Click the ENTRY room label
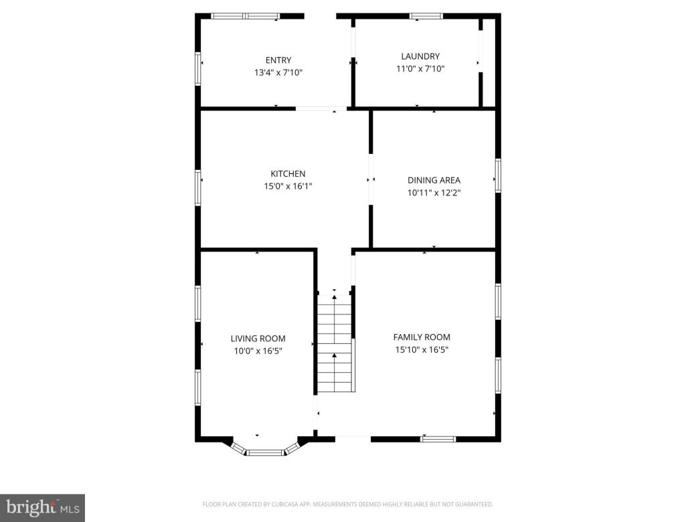pyautogui.click(x=278, y=60)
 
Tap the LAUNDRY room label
pyautogui.click(x=420, y=56)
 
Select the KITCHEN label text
pyautogui.click(x=288, y=174)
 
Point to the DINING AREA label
pyautogui.click(x=434, y=180)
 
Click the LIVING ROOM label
pyautogui.click(x=258, y=339)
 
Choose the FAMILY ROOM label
pyautogui.click(x=422, y=337)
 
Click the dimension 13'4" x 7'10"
pyautogui.click(x=278, y=72)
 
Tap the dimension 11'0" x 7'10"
pyautogui.click(x=420, y=68)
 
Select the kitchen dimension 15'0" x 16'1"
pyautogui.click(x=288, y=187)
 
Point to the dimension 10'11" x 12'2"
pyautogui.click(x=434, y=193)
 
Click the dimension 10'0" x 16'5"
pyautogui.click(x=258, y=351)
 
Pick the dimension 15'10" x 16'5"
pyautogui.click(x=422, y=349)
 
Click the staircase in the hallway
pyautogui.click(x=334, y=343)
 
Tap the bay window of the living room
pyautogui.click(x=266, y=452)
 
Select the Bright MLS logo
pyautogui.click(x=41, y=507)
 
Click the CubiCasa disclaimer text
pyautogui.click(x=347, y=504)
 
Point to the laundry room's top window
pyautogui.click(x=426, y=16)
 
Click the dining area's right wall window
pyautogui.click(x=498, y=175)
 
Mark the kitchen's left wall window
pyautogui.click(x=198, y=187)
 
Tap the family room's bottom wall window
pyautogui.click(x=438, y=439)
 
